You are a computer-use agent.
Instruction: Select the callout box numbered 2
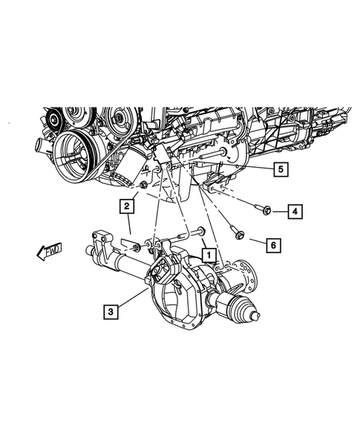click(128, 206)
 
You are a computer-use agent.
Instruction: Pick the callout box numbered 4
click(295, 212)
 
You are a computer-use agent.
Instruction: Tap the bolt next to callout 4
click(261, 210)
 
